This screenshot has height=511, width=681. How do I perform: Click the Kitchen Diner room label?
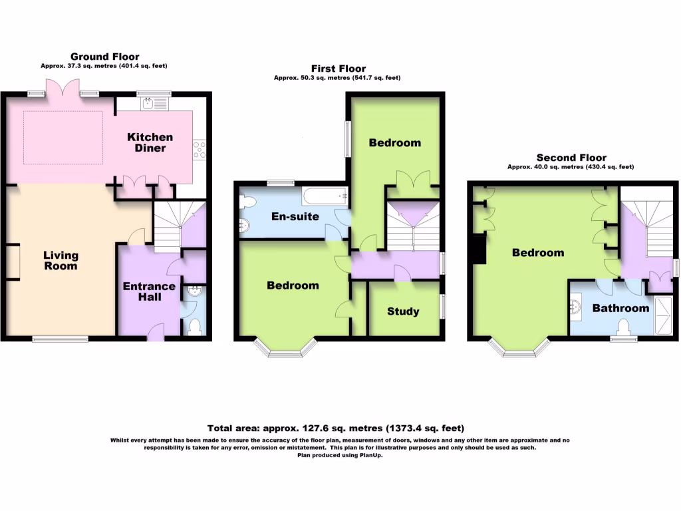tap(150, 142)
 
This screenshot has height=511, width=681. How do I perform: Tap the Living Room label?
tap(61, 260)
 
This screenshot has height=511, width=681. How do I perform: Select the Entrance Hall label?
tap(149, 291)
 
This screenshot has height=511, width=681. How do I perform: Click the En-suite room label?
tap(295, 216)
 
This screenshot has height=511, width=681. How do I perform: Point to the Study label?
tap(403, 311)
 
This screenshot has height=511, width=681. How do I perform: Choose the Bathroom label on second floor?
tap(620, 308)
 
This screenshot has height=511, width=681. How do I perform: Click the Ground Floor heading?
tap(104, 57)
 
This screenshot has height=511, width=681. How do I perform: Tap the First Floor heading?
tap(338, 69)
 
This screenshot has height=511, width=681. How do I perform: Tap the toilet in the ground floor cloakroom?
tap(195, 327)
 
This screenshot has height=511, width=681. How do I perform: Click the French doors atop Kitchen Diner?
tap(65, 89)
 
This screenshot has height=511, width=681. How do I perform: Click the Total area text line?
tap(336, 428)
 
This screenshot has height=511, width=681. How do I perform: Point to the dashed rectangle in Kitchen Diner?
tap(63, 137)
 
